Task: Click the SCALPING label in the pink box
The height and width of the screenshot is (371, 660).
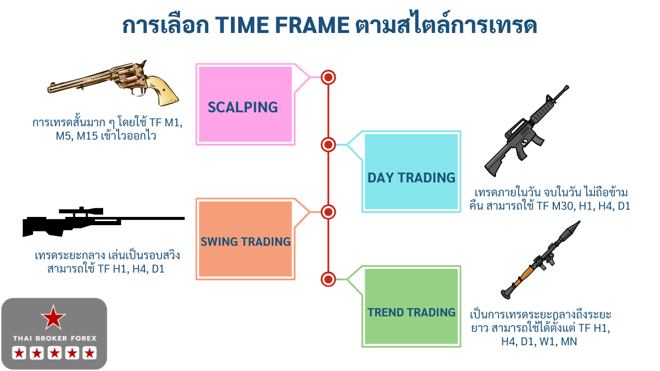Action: point(243,107)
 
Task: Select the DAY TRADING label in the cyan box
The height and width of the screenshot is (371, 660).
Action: point(411,178)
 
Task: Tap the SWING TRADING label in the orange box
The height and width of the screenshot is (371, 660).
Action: point(245,242)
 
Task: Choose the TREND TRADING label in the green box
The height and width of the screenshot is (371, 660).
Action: point(411,312)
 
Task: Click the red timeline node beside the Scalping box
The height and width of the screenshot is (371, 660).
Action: point(328,77)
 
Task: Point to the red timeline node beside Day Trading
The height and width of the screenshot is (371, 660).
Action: point(328,145)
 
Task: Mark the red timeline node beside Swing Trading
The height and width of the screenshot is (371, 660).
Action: point(328,212)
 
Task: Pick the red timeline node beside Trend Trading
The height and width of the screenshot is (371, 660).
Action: point(328,279)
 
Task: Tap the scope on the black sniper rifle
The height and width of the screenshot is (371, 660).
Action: point(81,211)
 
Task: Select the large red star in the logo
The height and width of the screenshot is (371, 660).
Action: point(53,318)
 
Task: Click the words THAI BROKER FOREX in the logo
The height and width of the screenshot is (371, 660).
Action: point(55,339)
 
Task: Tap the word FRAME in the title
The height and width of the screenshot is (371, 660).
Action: point(312,25)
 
